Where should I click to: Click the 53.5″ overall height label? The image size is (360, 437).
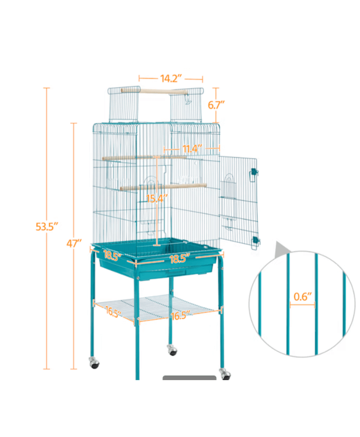[47, 226]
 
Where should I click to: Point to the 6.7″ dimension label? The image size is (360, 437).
[216, 105]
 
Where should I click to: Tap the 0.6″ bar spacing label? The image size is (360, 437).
[302, 296]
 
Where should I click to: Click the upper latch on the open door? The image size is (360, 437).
[253, 174]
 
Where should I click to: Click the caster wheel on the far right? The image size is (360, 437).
[224, 373]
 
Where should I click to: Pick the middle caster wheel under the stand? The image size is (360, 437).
[172, 351]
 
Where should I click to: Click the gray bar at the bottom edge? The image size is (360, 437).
[189, 379]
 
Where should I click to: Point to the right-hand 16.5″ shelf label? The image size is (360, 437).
[181, 315]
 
